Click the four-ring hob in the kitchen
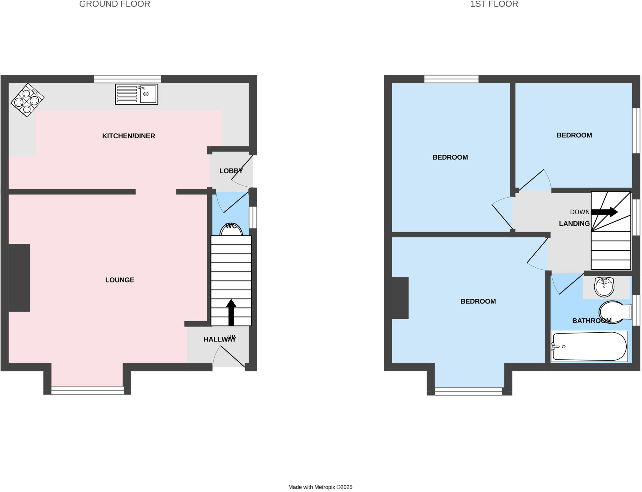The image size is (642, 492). (27, 100)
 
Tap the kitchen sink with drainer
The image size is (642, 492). (136, 94)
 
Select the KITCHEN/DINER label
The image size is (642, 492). (129, 136)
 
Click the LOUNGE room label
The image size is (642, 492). (119, 280)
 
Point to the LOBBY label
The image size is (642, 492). (231, 171)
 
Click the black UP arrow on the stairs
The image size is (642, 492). (231, 312)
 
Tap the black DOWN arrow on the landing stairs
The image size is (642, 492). (604, 212)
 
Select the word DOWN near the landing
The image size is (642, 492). (580, 212)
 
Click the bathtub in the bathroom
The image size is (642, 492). (589, 346)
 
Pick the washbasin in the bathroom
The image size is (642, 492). (604, 286)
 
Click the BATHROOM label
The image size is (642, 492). (592, 321)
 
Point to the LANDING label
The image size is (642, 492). (574, 224)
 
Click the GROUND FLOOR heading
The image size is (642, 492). (114, 4)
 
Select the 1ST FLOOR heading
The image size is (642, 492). (494, 4)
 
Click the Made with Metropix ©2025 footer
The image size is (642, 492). (320, 487)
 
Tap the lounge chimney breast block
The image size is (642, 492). (19, 278)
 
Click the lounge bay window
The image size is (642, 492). (88, 390)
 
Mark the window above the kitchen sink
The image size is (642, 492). (128, 79)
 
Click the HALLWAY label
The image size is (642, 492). (219, 339)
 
